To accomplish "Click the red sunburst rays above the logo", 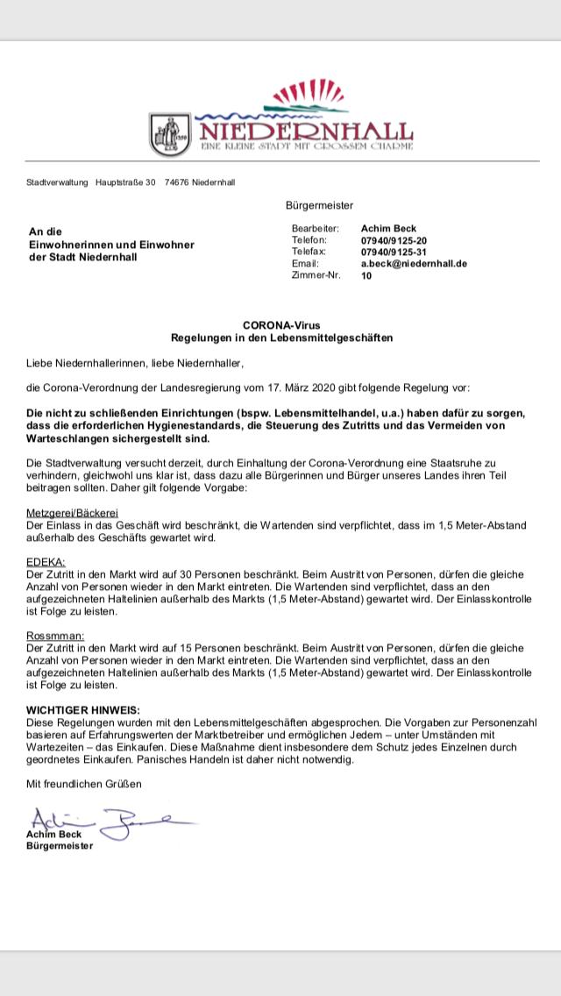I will [308, 91].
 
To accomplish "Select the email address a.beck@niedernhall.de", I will [414, 263].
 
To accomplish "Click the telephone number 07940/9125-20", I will [394, 240].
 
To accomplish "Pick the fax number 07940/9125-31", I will [394, 252].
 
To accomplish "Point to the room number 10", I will [366, 275].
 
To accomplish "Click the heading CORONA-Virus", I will [280, 325].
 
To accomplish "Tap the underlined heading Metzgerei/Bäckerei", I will [72, 512].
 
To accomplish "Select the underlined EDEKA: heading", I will [46, 560].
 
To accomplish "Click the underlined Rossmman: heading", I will [54, 633].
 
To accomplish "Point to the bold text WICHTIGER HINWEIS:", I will [83, 708].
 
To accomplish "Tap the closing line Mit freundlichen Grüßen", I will [83, 782].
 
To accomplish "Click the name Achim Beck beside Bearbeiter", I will [387, 229].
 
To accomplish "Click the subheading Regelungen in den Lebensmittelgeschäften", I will [280, 338].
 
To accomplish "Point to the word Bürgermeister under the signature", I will [59, 846].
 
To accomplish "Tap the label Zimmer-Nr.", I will [316, 275].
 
